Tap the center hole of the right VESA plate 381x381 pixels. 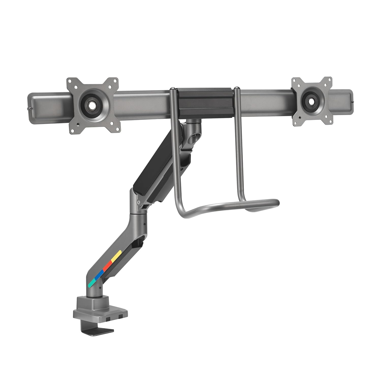pyautogui.click(x=311, y=100)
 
